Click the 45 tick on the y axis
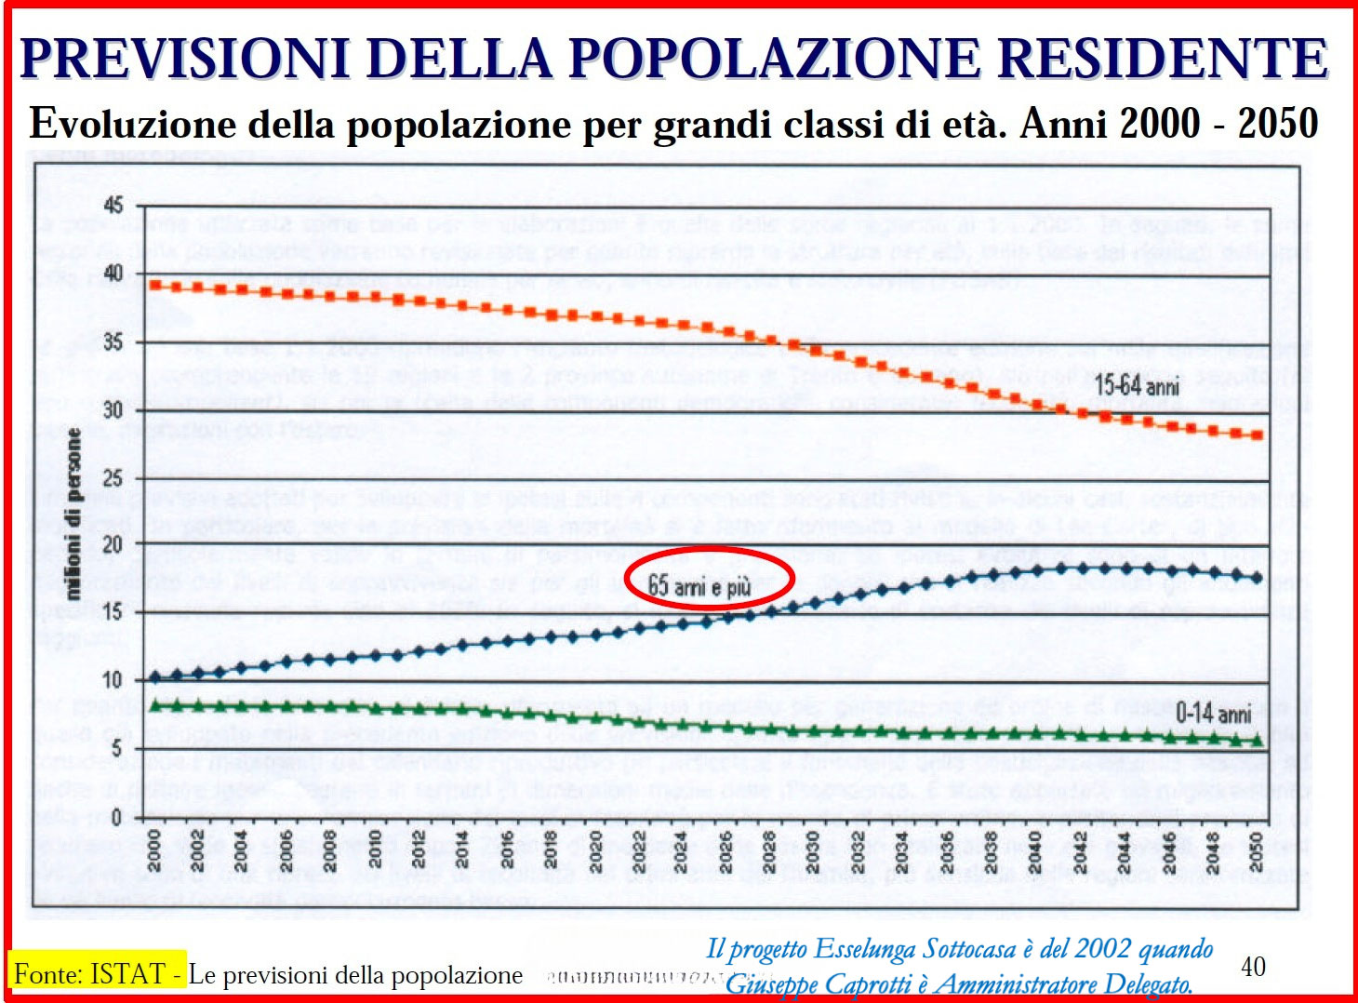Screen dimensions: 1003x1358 [x=113, y=206]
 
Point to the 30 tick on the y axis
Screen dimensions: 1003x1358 [x=113, y=410]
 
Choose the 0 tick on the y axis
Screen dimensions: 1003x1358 [x=116, y=818]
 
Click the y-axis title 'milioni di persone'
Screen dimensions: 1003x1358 [x=73, y=513]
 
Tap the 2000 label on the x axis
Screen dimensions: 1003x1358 [x=154, y=850]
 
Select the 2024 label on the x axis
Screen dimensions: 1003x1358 [x=681, y=850]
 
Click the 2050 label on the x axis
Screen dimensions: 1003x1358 [x=1256, y=850]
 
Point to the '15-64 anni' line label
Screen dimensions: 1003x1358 [x=1137, y=385]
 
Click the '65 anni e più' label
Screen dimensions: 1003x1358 [x=699, y=585]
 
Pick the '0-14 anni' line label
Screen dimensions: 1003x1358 [x=1213, y=714]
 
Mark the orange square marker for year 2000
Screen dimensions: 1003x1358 [x=154, y=285]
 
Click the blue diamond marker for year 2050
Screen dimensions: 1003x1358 [x=1258, y=578]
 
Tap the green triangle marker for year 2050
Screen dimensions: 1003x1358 [x=1258, y=740]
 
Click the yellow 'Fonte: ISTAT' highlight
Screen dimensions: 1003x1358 [x=97, y=973]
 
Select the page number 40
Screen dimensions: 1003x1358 [x=1253, y=967]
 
